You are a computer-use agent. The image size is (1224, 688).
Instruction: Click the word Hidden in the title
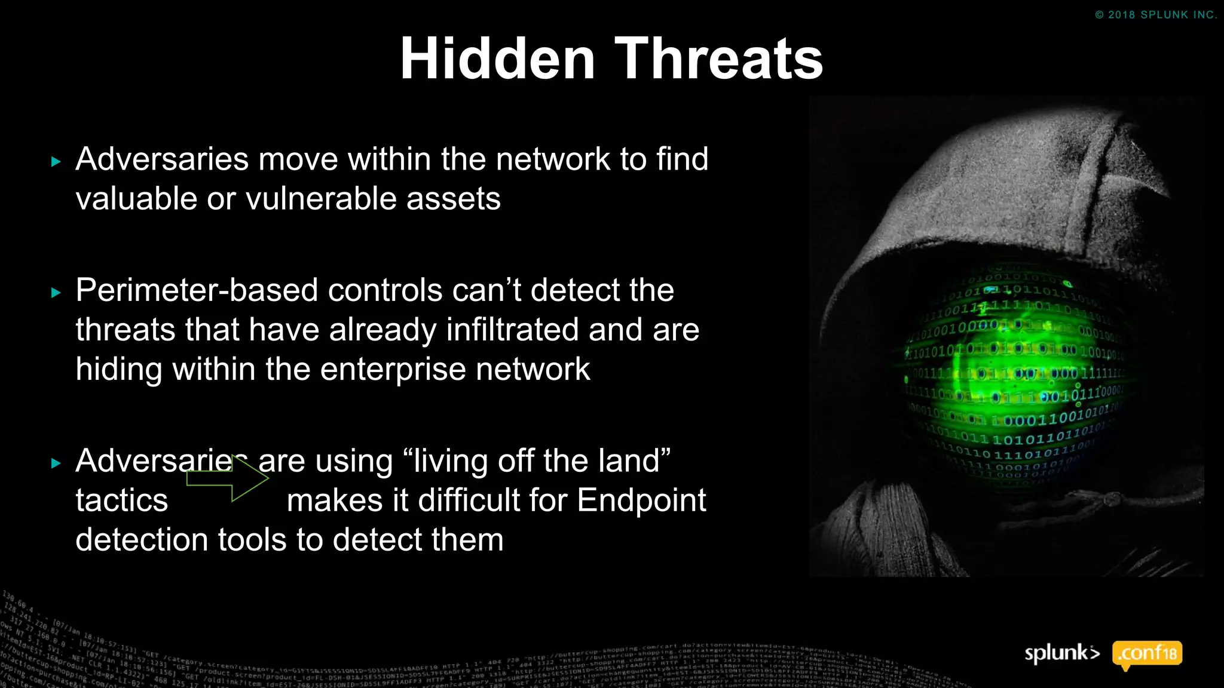[497, 59]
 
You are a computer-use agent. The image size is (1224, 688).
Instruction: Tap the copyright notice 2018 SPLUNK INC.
[1156, 15]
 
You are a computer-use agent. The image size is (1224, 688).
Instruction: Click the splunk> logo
[1062, 653]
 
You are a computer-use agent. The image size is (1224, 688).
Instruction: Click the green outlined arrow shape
[227, 478]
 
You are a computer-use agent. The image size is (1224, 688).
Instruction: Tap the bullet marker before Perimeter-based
[56, 293]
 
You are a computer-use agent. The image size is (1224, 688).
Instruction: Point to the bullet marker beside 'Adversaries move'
[56, 161]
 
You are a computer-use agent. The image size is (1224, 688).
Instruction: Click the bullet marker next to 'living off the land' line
[56, 463]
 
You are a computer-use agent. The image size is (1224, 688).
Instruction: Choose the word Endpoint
[641, 500]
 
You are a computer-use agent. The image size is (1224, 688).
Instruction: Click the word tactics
[122, 500]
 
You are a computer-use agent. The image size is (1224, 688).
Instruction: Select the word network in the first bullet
[552, 159]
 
